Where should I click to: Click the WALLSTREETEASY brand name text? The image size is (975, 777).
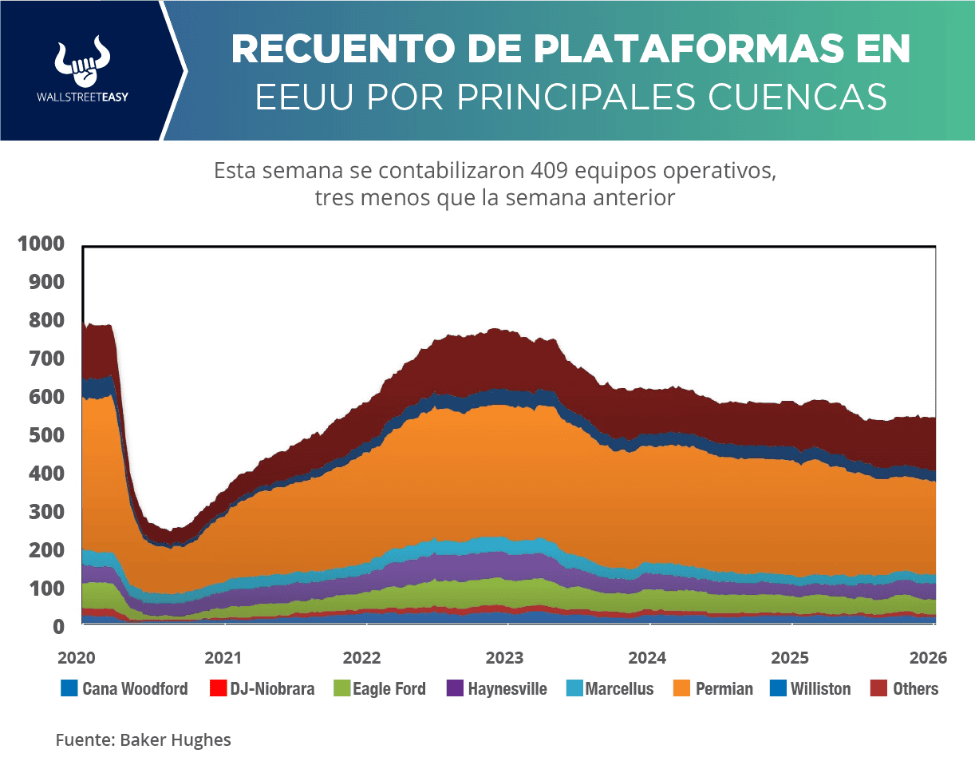[83, 96]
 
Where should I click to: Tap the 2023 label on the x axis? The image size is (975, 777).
[504, 658]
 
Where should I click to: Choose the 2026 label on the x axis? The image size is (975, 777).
[928, 658]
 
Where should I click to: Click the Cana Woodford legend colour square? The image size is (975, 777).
[69, 688]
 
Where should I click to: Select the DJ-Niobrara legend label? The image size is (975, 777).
[272, 688]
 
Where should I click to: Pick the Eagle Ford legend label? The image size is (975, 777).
[389, 688]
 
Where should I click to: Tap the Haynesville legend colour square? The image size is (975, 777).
[455, 688]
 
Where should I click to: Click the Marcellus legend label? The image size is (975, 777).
[619, 688]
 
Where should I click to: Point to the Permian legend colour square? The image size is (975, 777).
[682, 688]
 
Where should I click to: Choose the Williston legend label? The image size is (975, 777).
[820, 688]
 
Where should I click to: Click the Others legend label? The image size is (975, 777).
[915, 688]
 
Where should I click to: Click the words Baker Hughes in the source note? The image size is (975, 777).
[176, 740]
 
